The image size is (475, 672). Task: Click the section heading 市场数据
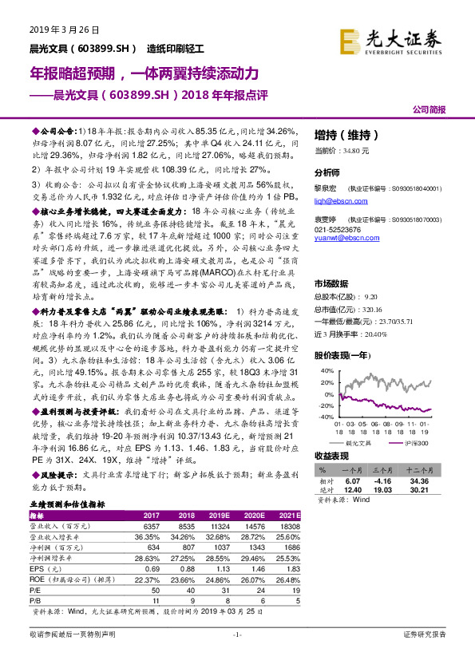tap(330, 283)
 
